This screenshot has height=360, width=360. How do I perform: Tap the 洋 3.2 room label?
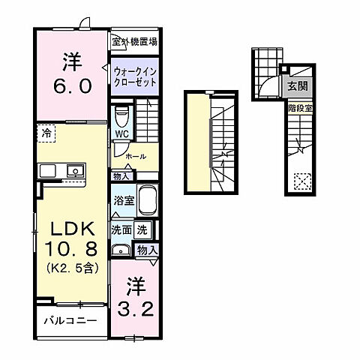click(x=135, y=295)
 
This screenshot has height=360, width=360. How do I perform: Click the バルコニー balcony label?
click(x=69, y=321)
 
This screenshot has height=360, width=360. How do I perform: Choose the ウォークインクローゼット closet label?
click(x=136, y=76)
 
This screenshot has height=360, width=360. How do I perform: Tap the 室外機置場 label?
click(x=135, y=42)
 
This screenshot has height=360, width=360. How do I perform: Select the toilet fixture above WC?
click(x=121, y=117)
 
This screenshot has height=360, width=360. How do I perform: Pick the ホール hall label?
click(x=136, y=156)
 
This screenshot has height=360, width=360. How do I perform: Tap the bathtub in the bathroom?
click(x=146, y=200)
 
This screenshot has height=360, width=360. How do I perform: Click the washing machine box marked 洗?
click(x=142, y=229)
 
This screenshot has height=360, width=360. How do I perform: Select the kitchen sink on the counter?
click(x=75, y=171)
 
